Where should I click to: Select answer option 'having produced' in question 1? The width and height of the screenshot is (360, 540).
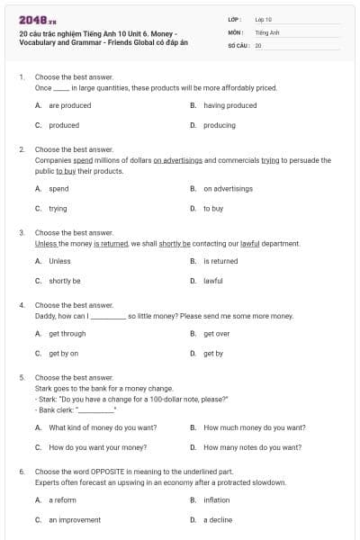tap(229, 105)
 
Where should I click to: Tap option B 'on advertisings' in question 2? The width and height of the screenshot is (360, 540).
tap(228, 189)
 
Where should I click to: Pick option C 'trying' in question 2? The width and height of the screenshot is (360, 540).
tap(58, 208)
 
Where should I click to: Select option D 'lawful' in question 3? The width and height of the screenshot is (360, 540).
tap(213, 281)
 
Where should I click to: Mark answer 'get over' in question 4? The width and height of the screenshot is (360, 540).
tap(216, 333)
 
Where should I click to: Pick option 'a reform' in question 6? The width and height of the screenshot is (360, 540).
tap(62, 499)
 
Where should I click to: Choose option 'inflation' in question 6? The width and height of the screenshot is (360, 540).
tap(216, 499)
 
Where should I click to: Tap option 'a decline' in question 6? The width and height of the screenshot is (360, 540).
tap(218, 519)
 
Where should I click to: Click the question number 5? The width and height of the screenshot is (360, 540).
tap(22, 377)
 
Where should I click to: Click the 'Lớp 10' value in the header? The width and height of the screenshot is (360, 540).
tap(263, 19)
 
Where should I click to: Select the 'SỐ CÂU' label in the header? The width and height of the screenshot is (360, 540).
tap(238, 44)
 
